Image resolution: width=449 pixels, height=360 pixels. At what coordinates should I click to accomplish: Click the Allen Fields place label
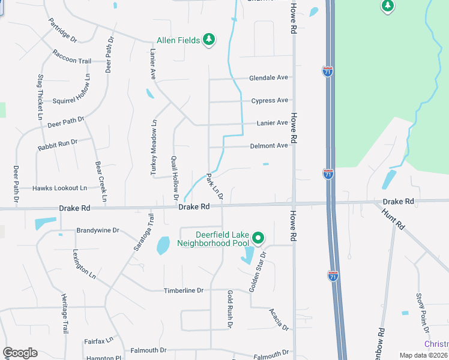point(178,40)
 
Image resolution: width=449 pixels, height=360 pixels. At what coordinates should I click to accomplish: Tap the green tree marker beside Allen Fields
point(208,40)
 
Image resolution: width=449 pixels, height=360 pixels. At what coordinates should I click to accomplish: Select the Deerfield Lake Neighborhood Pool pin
point(258,238)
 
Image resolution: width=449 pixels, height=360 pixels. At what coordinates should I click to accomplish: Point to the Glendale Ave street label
point(269,78)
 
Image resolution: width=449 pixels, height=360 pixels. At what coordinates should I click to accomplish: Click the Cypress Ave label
point(270,100)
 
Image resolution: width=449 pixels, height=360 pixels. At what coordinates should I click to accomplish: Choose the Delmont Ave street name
point(270,146)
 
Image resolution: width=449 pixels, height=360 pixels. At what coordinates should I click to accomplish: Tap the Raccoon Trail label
point(71,61)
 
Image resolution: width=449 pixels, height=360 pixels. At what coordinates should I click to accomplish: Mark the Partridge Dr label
point(63,30)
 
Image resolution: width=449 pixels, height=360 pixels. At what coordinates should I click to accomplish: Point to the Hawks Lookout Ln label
point(59,188)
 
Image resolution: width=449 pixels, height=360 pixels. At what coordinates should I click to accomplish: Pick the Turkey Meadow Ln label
point(154,148)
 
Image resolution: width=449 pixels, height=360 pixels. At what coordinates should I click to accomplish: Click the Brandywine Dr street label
point(98,230)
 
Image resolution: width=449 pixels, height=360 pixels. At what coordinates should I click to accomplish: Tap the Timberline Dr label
point(184,290)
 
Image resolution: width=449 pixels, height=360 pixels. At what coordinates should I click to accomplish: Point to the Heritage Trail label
point(64,313)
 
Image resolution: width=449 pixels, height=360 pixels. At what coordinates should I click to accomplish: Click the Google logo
point(20,353)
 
